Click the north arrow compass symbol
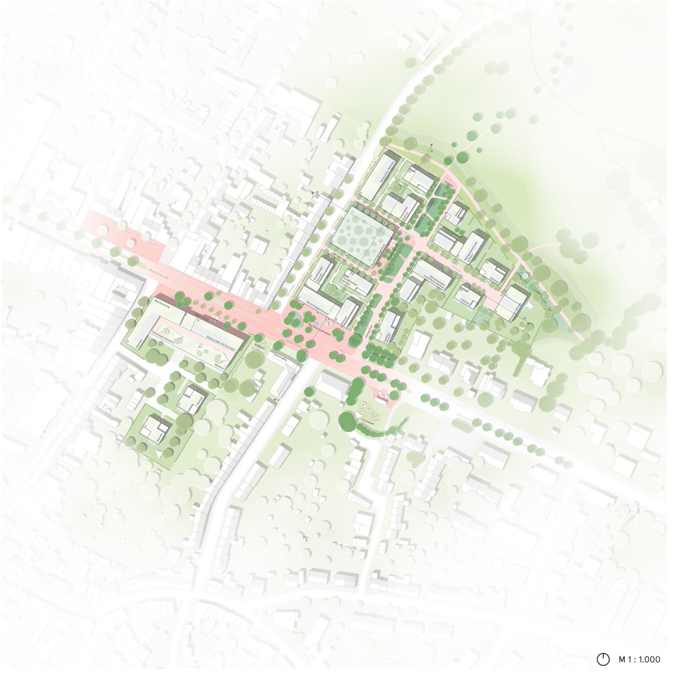(x=602, y=659)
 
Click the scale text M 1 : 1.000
(x=639, y=659)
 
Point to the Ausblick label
(x=451, y=186)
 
